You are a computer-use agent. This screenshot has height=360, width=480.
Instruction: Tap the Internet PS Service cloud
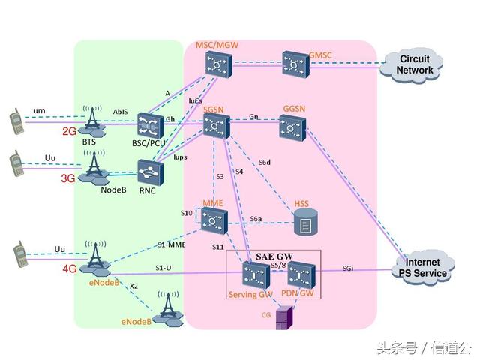[x=424, y=268]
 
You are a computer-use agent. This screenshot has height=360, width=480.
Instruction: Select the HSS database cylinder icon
[x=304, y=221]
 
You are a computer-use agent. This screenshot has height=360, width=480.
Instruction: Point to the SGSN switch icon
[x=216, y=128]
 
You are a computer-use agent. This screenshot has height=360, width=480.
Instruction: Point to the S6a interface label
[x=256, y=219]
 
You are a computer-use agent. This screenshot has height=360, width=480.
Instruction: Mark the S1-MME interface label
[x=171, y=244]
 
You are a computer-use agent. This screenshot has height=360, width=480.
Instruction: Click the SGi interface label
[x=349, y=268]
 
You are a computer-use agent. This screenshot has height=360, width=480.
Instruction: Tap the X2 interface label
[x=133, y=286]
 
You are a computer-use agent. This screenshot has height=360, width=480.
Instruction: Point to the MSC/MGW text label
[x=216, y=46]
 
